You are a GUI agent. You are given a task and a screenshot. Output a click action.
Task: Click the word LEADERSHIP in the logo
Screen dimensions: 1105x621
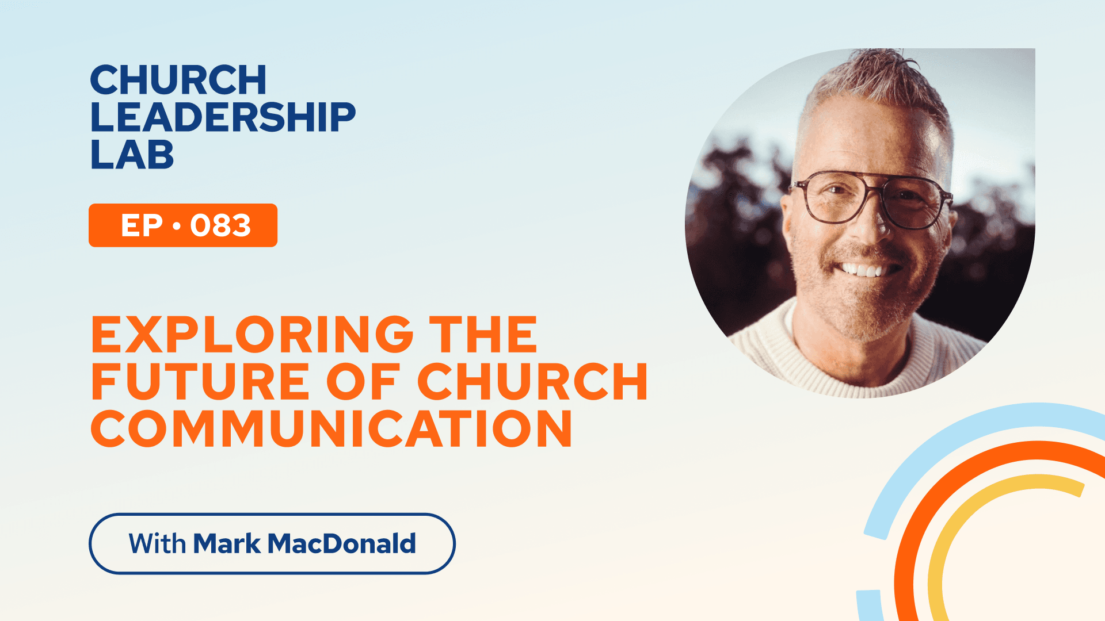coord(223,117)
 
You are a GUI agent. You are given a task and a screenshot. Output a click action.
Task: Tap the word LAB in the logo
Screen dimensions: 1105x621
coord(132,155)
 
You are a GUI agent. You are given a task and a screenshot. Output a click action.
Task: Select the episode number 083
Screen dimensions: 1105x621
coord(220,225)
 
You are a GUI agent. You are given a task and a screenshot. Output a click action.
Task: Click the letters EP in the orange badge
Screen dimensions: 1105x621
coord(142,225)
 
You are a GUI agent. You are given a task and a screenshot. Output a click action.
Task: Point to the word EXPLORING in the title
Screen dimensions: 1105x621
coord(252,334)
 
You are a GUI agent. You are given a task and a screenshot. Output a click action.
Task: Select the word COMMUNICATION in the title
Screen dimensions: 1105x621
coord(331,428)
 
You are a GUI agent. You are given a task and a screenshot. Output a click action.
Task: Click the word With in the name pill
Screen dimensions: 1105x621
coord(157,543)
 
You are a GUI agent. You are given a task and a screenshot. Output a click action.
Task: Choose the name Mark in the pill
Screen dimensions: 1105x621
coord(227,543)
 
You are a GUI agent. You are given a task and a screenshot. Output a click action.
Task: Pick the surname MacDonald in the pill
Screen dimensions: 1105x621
coord(342,543)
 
